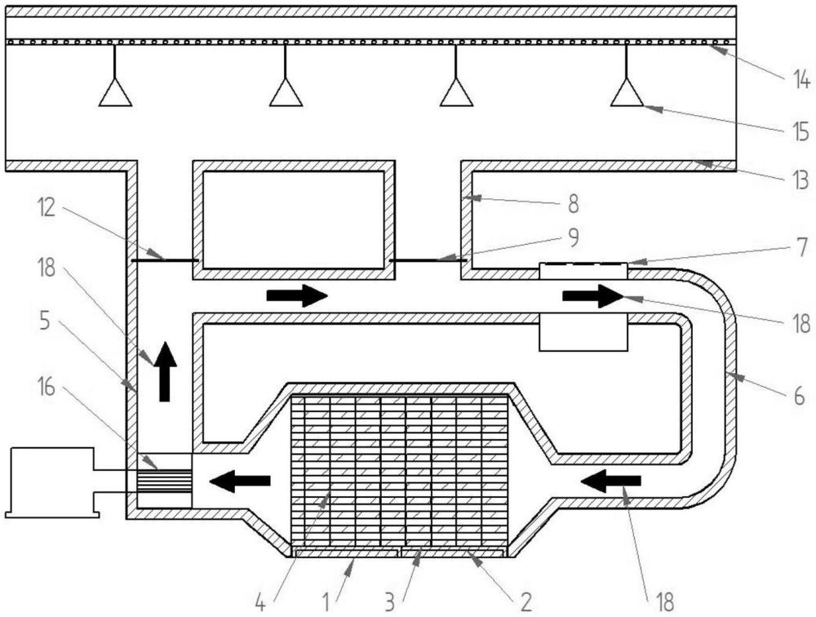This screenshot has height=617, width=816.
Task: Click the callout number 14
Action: pos(801,81)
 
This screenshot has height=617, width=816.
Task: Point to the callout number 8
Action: pos(573,204)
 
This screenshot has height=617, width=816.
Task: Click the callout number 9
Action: pos(573,237)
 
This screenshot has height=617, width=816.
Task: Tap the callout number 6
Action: pos(799,397)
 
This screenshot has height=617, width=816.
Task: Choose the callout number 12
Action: pos(47,208)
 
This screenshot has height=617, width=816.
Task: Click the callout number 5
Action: pos(45,322)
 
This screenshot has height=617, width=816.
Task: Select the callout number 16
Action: pos(47,387)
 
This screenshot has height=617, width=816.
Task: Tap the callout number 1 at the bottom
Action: pos(326,602)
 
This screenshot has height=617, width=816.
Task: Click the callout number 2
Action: pos(526,602)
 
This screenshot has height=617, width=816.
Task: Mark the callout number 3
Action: pos(390,602)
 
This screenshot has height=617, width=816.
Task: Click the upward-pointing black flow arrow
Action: pos(165,372)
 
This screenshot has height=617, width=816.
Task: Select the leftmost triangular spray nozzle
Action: pos(115,93)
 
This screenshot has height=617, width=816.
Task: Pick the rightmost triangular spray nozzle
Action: pos(627,93)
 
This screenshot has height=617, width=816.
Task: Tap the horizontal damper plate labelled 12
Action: pos(165,260)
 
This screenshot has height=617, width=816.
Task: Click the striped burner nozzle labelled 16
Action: pos(165,481)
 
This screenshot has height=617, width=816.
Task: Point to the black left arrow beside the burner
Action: pos(240,481)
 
